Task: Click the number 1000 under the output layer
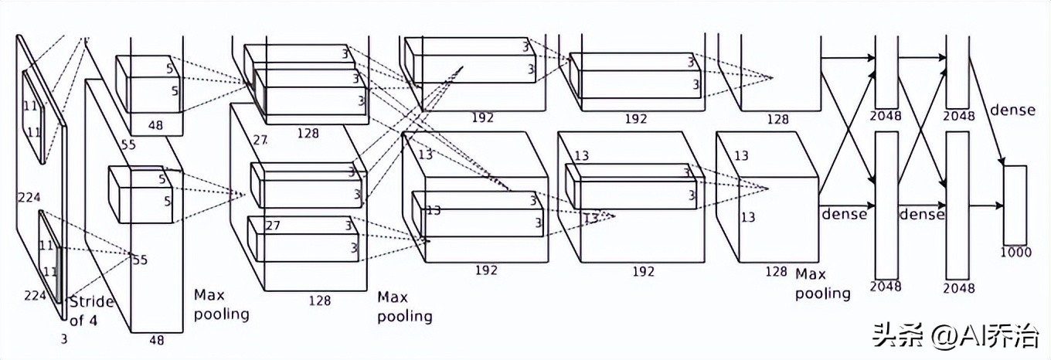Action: click(x=1015, y=252)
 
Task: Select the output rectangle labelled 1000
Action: click(x=1015, y=204)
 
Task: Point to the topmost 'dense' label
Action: click(x=1012, y=110)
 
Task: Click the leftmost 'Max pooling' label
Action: click(x=221, y=304)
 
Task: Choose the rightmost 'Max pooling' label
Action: click(x=821, y=284)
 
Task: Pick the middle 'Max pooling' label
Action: click(x=404, y=307)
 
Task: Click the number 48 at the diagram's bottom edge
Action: click(x=158, y=339)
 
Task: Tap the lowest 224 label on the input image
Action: click(x=34, y=295)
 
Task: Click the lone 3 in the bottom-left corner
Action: click(x=63, y=338)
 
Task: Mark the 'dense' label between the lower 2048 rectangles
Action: click(x=921, y=213)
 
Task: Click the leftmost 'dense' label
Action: click(x=843, y=213)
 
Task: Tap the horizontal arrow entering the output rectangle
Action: click(x=985, y=205)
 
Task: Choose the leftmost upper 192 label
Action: click(x=482, y=117)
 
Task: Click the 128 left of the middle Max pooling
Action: click(x=319, y=301)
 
